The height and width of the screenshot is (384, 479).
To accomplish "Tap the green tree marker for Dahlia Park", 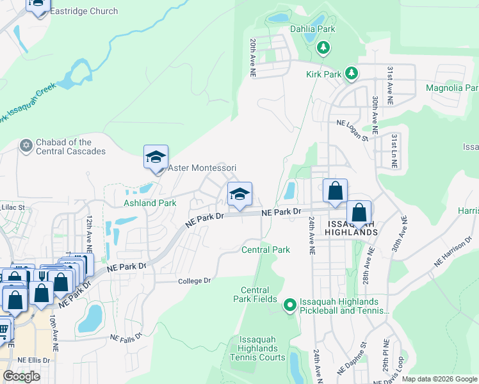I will pos(324,47).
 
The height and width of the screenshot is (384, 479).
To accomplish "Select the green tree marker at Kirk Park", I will pos(350,74).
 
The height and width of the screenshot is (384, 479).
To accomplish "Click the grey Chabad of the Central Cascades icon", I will pos(26,146).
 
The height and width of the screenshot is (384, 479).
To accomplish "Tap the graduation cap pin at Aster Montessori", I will pos(156,157).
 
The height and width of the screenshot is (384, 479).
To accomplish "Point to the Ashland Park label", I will pos(149,203).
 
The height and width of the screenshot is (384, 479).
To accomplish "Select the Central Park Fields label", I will pos(254,294).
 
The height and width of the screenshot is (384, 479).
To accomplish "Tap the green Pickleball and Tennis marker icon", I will pos(289,306).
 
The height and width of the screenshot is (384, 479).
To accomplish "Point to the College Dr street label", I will pos(193,280).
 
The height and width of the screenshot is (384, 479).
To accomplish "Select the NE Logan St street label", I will pos(353,130).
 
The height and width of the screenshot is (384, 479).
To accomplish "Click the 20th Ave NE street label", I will pos(253,58).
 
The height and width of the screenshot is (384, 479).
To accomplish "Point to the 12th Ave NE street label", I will pos(89,234).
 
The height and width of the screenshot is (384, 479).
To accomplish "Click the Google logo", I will pos(21,376).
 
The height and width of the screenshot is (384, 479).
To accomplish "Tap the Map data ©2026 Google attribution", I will pos(439,379).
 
